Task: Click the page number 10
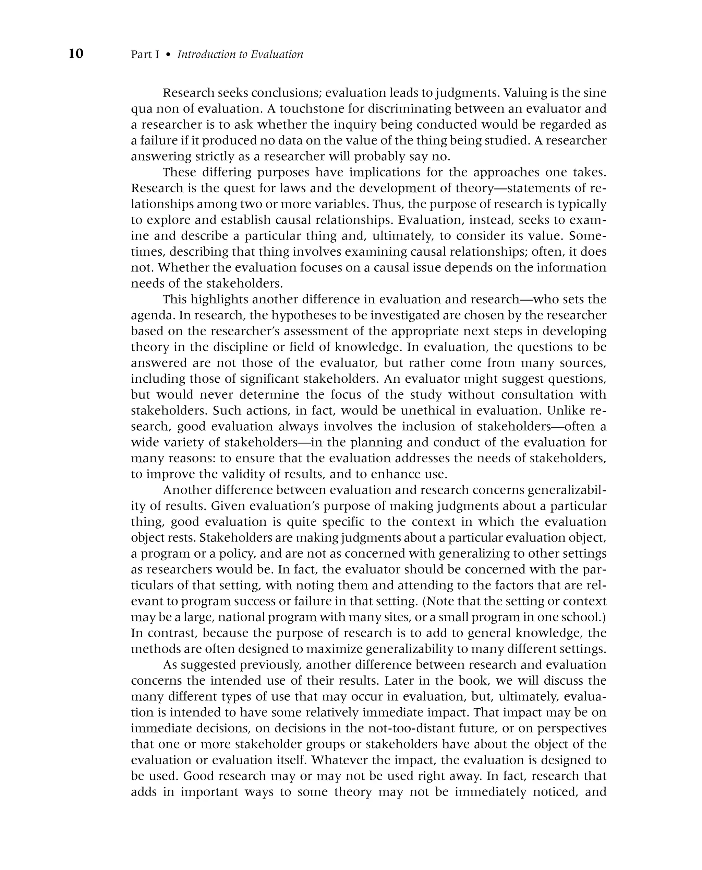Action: pyautogui.click(x=76, y=54)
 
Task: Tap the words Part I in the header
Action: pyautogui.click(x=145, y=54)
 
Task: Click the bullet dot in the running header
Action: pyautogui.click(x=168, y=55)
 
